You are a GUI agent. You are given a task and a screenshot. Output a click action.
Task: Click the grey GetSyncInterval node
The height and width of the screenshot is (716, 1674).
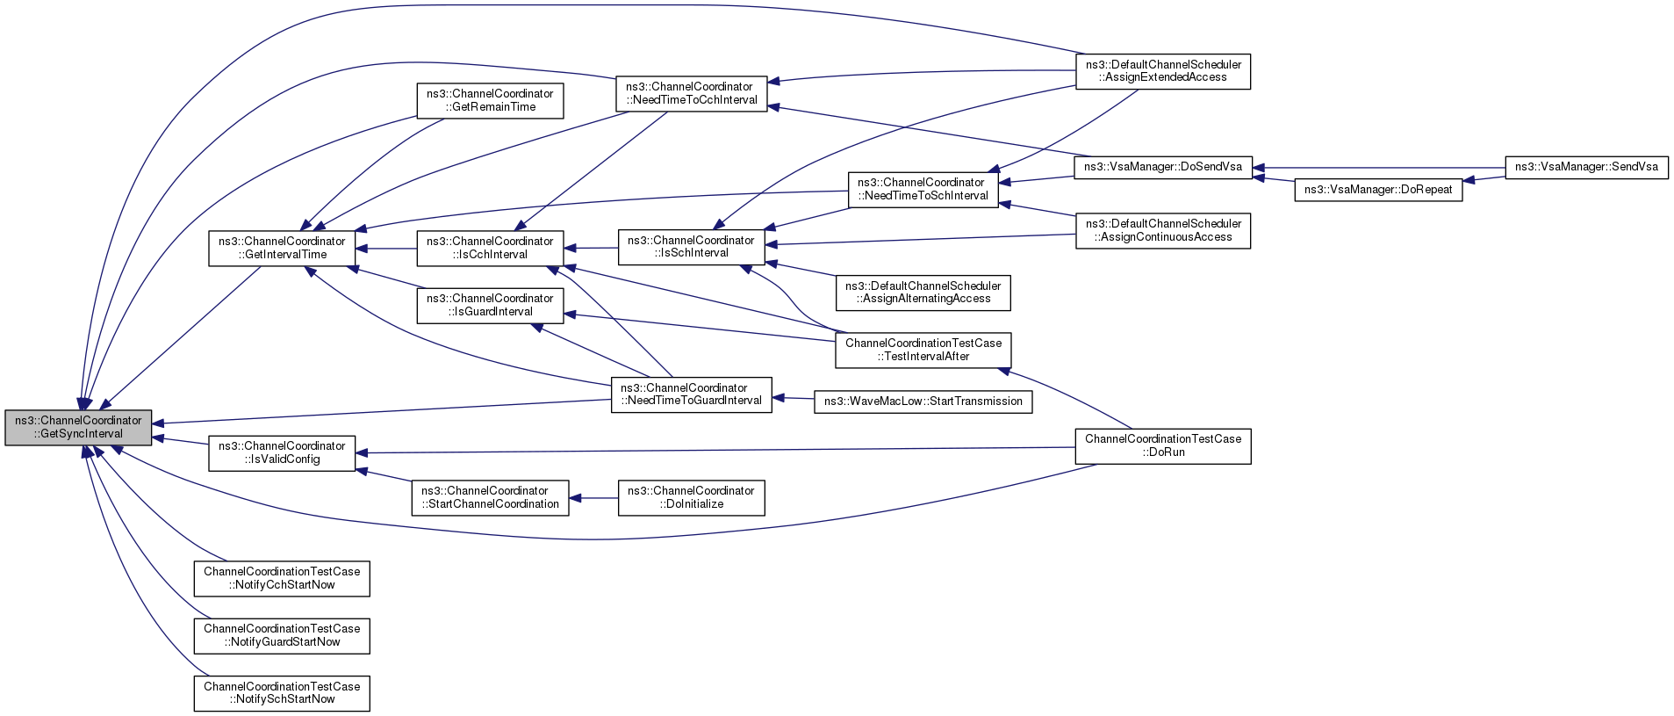[78, 427]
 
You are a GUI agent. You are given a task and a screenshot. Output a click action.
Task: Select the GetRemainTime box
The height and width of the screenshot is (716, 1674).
[490, 100]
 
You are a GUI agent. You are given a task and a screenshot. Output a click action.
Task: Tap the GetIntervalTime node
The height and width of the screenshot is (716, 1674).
[282, 248]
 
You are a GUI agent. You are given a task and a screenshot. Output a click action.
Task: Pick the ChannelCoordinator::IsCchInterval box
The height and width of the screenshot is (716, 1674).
[490, 248]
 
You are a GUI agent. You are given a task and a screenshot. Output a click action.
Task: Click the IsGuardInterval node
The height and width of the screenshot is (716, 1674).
[490, 305]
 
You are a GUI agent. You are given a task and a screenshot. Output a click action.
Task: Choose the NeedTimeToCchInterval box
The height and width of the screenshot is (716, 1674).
[691, 93]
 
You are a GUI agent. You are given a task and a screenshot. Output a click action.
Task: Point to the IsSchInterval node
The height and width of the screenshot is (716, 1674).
[691, 247]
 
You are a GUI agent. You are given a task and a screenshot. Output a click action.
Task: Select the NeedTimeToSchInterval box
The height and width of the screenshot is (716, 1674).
[923, 189]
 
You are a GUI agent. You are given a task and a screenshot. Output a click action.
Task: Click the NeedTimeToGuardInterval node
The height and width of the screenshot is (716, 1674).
[691, 394]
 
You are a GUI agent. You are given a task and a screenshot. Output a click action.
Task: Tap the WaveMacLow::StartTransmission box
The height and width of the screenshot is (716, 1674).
[923, 401]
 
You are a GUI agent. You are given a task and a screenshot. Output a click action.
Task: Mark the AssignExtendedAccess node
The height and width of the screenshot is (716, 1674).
[1163, 71]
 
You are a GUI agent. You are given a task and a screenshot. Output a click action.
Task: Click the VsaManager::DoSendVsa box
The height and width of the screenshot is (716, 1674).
[1163, 167]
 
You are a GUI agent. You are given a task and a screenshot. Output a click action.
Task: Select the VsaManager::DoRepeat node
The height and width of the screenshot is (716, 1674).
[1378, 190]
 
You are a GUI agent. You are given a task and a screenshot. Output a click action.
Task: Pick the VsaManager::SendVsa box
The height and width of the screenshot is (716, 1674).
[1586, 167]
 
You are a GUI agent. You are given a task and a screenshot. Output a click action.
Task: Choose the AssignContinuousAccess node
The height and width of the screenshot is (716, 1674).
[1163, 230]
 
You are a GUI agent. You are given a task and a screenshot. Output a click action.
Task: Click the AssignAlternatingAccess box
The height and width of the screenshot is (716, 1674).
[923, 293]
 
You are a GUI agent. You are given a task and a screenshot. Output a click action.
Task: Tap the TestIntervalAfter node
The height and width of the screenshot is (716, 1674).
[923, 350]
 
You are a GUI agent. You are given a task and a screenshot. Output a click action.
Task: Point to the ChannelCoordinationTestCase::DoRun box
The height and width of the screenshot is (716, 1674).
[1163, 445]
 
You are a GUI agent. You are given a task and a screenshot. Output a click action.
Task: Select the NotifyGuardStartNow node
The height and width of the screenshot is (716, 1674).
[282, 635]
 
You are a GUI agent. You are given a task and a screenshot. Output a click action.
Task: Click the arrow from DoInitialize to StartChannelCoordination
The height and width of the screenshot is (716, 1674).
[594, 498]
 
